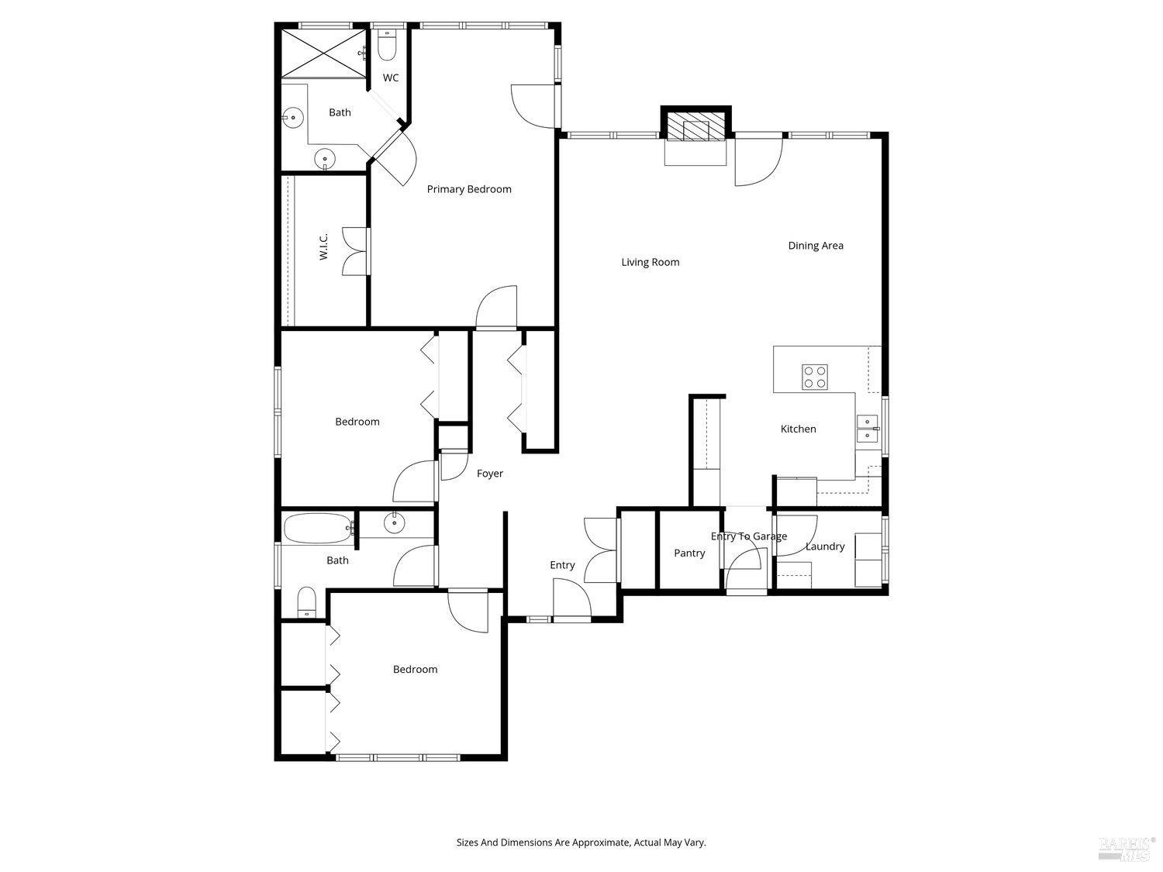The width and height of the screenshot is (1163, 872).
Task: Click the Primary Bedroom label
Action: pyautogui.click(x=469, y=189)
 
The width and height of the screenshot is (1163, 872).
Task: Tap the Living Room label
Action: pyautogui.click(x=650, y=262)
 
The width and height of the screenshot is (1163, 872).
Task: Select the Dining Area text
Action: pyautogui.click(x=815, y=246)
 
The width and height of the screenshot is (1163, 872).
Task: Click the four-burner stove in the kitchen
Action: pyautogui.click(x=814, y=376)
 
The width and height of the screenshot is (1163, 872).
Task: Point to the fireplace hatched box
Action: pyautogui.click(x=695, y=128)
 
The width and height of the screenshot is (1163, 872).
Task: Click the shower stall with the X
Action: pyautogui.click(x=322, y=53)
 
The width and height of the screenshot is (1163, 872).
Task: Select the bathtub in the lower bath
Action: pyautogui.click(x=318, y=529)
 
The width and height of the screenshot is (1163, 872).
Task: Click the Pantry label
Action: pyautogui.click(x=689, y=553)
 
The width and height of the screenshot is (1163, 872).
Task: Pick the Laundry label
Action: pyautogui.click(x=824, y=546)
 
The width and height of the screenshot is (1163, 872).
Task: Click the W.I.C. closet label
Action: pyautogui.click(x=324, y=246)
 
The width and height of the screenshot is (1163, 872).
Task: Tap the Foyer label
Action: pyautogui.click(x=489, y=474)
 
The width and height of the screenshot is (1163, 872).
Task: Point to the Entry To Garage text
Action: pyautogui.click(x=748, y=536)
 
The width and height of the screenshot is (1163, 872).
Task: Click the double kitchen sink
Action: pyautogui.click(x=867, y=429)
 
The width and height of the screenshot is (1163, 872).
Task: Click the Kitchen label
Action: pyautogui.click(x=798, y=429)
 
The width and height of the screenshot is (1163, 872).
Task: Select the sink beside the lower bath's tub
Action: pyautogui.click(x=395, y=523)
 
